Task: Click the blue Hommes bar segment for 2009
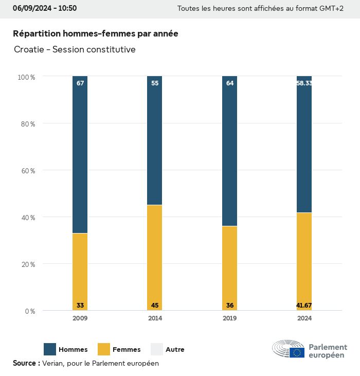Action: pyautogui.click(x=80, y=154)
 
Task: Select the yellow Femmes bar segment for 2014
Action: pyautogui.click(x=155, y=257)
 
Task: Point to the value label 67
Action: pyautogui.click(x=80, y=83)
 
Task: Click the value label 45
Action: pyautogui.click(x=155, y=306)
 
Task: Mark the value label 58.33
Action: pyautogui.click(x=304, y=83)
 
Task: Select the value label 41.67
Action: pyautogui.click(x=304, y=306)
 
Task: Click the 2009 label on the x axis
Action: pyautogui.click(x=80, y=318)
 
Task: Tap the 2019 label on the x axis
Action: pyautogui.click(x=230, y=318)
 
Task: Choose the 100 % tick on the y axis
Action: pyautogui.click(x=26, y=77)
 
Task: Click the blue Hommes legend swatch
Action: pyautogui.click(x=50, y=349)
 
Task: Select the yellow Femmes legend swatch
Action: pyautogui.click(x=103, y=349)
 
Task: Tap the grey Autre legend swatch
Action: pyautogui.click(x=156, y=349)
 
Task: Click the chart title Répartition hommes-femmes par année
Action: pyautogui.click(x=96, y=33)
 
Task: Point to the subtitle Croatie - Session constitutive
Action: pyautogui.click(x=75, y=49)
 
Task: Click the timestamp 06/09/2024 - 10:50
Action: pyautogui.click(x=45, y=8)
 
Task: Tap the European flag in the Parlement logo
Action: pyautogui.click(x=297, y=352)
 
